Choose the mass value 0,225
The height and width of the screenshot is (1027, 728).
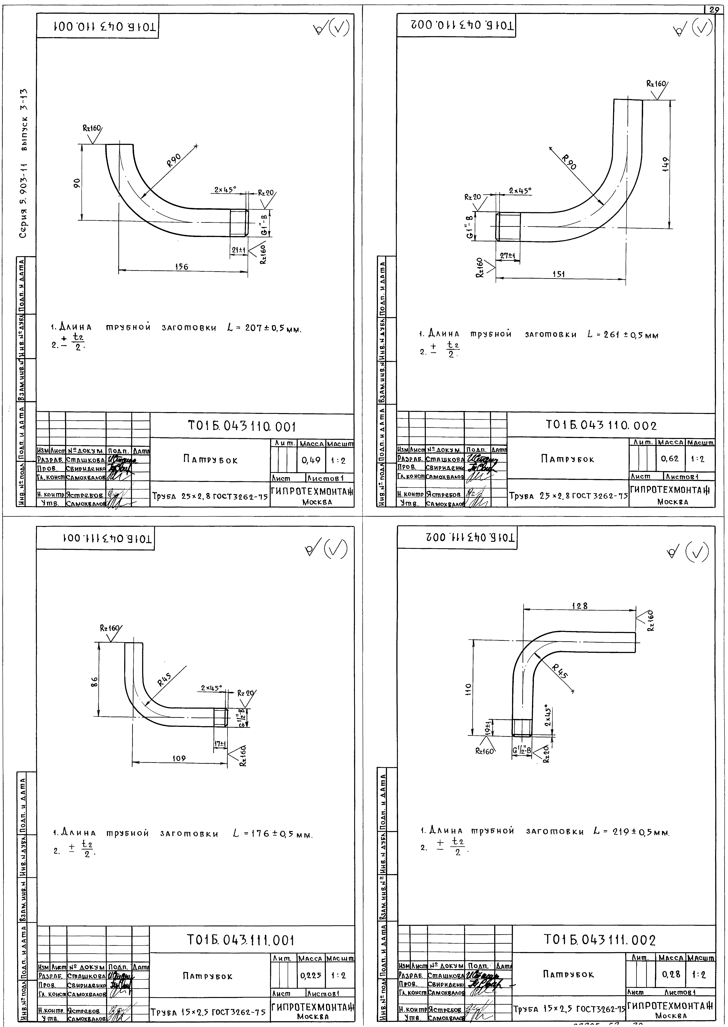coord(311,975)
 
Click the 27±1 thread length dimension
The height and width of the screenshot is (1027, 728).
coord(508,256)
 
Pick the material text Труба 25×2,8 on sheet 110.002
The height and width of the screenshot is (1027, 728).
coord(567,496)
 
